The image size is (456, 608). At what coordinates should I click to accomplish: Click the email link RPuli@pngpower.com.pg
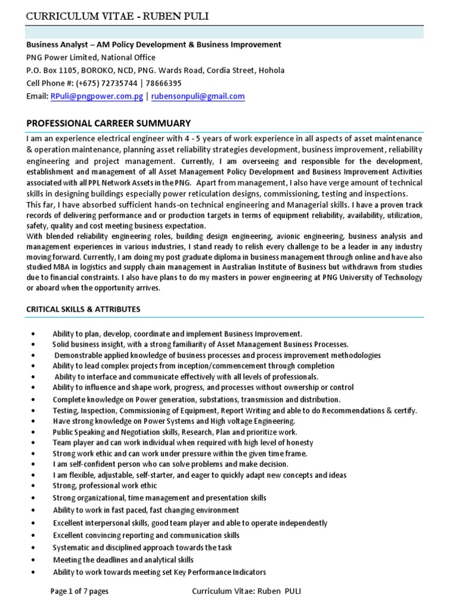(x=97, y=96)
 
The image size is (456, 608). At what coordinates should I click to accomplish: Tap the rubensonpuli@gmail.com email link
(x=198, y=96)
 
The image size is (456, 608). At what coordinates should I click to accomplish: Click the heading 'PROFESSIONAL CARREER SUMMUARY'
(x=108, y=123)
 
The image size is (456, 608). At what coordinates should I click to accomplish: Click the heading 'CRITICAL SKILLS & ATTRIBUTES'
(x=83, y=309)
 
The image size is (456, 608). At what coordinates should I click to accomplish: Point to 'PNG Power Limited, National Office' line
(x=91, y=58)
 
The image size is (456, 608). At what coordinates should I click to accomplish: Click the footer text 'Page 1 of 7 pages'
(x=80, y=591)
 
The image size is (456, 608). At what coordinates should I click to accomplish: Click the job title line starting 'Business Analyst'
(x=153, y=45)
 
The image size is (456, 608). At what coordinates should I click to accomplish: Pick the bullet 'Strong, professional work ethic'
(x=105, y=485)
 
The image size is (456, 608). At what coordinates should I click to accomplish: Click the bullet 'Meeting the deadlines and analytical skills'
(x=123, y=560)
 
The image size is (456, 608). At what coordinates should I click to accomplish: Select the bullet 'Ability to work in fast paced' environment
(x=145, y=510)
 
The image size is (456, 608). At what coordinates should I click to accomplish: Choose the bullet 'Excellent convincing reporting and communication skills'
(x=146, y=535)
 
